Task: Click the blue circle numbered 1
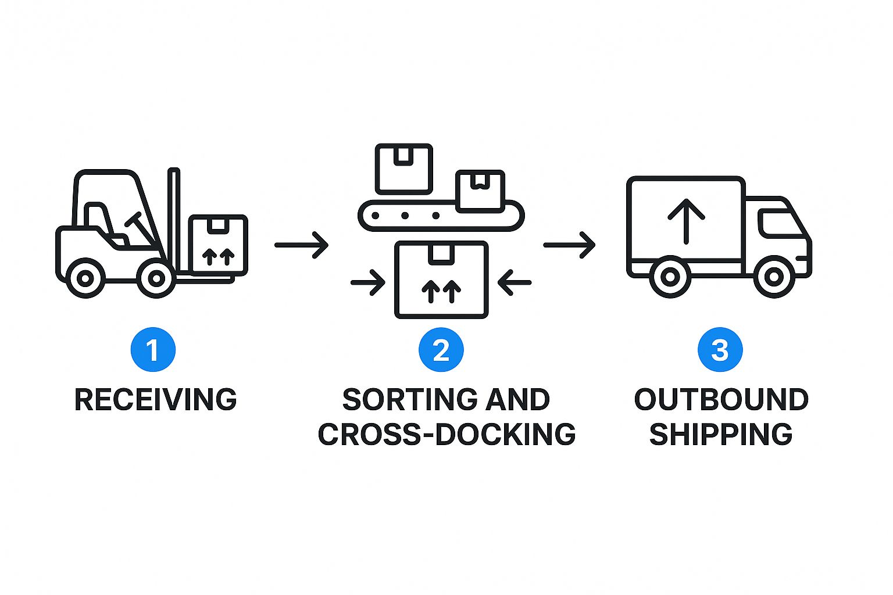[153, 350]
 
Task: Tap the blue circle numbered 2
[441, 350]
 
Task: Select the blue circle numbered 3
[720, 350]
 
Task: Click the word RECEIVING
[156, 400]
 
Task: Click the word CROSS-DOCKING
[446, 435]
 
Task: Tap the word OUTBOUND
[721, 400]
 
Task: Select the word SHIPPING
[721, 435]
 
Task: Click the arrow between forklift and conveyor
[301, 245]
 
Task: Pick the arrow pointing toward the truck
[569, 245]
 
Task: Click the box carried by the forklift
[219, 244]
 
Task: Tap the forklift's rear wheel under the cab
[85, 278]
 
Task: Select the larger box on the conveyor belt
[404, 169]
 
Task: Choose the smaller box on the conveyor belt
[480, 190]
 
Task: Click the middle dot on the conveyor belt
[405, 216]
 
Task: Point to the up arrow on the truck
[686, 220]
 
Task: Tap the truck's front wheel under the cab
[774, 277]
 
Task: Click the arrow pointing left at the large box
[515, 283]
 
